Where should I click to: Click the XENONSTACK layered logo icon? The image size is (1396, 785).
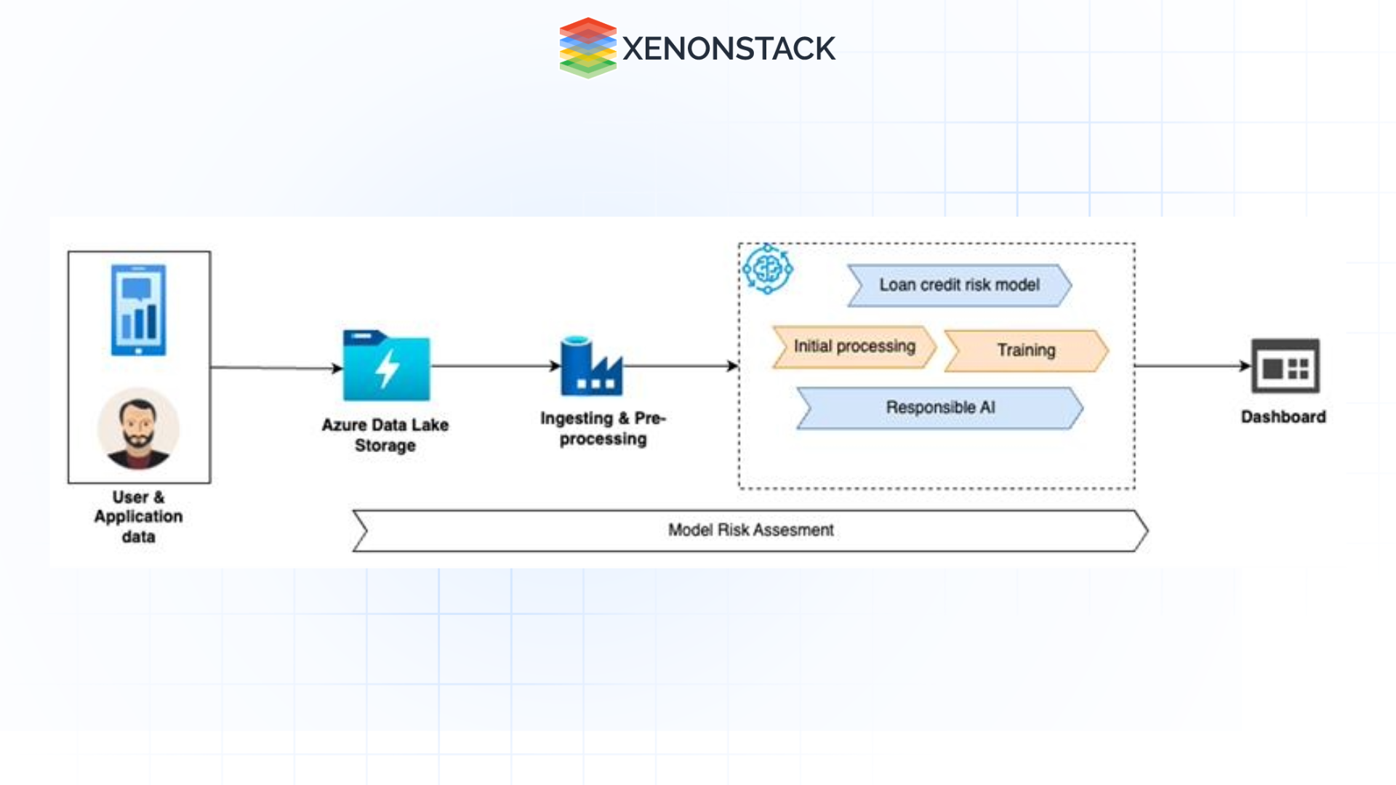click(x=587, y=48)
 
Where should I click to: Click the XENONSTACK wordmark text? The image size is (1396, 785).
click(x=729, y=49)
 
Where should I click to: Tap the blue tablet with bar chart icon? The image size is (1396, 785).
click(x=138, y=310)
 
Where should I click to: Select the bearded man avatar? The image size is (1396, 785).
click(x=138, y=429)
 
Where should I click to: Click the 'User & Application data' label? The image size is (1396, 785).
click(x=138, y=517)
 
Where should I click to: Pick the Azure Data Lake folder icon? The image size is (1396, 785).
click(x=386, y=366)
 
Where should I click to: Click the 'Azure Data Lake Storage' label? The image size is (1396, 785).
click(x=385, y=435)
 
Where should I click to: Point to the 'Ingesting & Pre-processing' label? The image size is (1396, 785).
click(x=603, y=428)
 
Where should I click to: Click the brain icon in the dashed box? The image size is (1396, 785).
click(x=767, y=270)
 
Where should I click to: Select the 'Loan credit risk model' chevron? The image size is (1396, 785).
click(x=959, y=285)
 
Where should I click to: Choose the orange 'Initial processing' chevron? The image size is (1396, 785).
click(x=854, y=347)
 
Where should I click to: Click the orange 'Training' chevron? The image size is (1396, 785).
click(x=1026, y=350)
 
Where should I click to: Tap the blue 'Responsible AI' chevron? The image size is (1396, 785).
click(x=939, y=408)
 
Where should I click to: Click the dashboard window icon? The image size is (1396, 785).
click(x=1285, y=366)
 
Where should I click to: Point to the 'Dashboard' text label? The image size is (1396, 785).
click(x=1283, y=416)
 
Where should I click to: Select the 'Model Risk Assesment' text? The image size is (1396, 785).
click(x=750, y=530)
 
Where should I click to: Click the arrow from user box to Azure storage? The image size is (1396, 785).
click(x=276, y=368)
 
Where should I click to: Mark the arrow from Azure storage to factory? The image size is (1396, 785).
click(x=495, y=366)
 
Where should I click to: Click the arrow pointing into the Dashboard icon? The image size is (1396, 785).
click(x=1192, y=366)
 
